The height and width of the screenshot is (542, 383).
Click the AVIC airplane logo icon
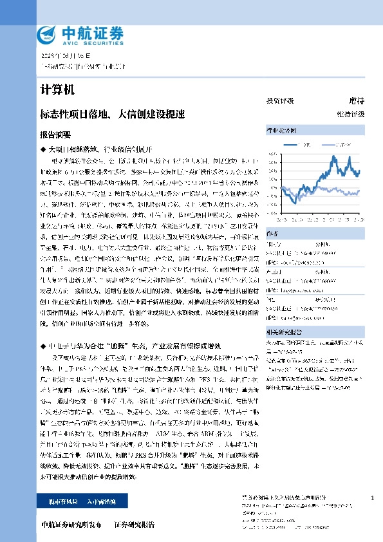(x=48, y=34)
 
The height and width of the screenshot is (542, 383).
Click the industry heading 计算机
(x=53, y=88)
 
